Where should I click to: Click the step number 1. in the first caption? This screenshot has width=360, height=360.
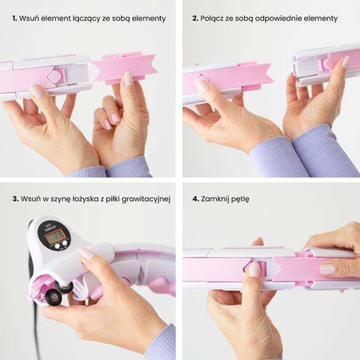pyautogui.click(x=14, y=18)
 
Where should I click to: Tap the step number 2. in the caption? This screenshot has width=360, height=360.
pyautogui.click(x=195, y=18)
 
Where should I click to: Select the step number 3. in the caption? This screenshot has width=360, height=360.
pyautogui.click(x=15, y=199)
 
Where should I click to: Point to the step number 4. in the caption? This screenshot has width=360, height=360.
pyautogui.click(x=196, y=199)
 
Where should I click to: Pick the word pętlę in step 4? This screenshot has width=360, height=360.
pyautogui.click(x=241, y=200)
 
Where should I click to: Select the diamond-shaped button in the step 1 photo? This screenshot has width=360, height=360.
pyautogui.click(x=54, y=76)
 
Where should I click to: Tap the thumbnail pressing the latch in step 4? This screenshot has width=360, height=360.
pyautogui.click(x=254, y=269)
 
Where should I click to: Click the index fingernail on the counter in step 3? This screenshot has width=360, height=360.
pyautogui.click(x=86, y=253)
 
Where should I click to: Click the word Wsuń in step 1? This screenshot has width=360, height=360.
pyautogui.click(x=26, y=18)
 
